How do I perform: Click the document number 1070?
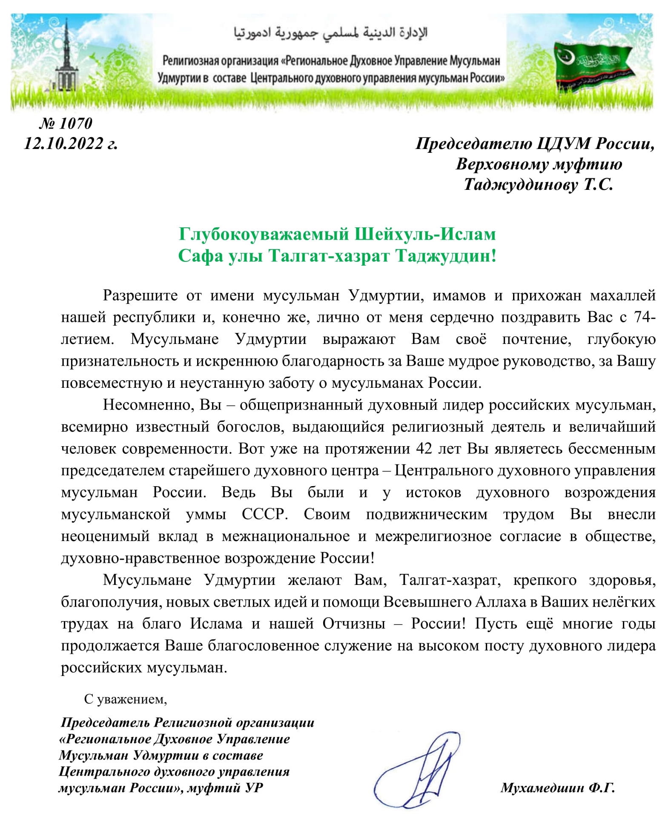click(75, 123)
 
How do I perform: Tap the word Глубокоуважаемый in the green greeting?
click(264, 234)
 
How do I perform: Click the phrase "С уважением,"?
click(125, 699)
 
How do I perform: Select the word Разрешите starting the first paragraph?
click(140, 295)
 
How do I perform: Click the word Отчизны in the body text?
click(354, 624)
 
